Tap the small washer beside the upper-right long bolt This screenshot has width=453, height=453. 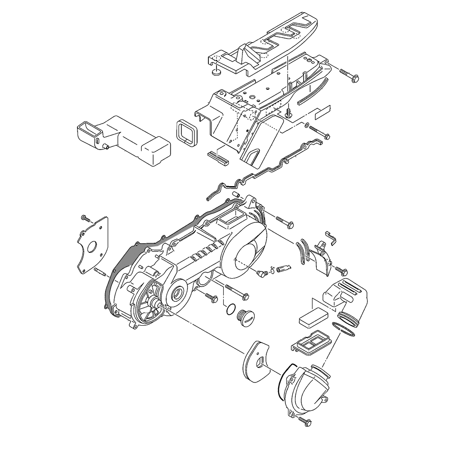click(x=307, y=125)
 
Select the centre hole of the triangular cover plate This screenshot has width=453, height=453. click(x=92, y=247)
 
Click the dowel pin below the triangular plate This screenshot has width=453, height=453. click(x=100, y=272)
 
